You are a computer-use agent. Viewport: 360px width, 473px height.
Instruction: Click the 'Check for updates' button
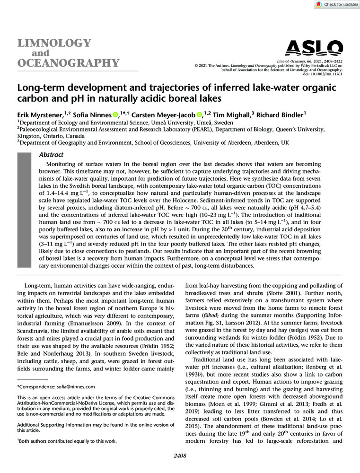point(335,4)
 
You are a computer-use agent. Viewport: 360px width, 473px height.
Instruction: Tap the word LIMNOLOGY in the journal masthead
point(54,43)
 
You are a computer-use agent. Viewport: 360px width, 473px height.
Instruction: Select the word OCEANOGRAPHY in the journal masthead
point(68,63)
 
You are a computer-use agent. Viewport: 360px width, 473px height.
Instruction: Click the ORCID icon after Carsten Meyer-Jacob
point(199,114)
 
